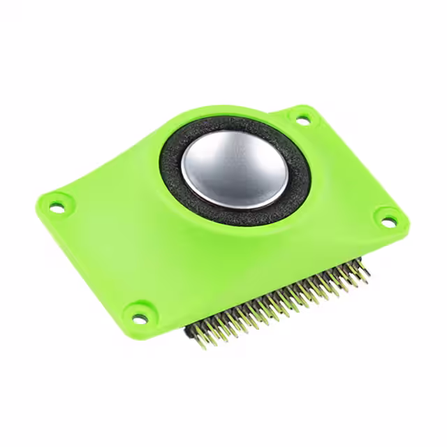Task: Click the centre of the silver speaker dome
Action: click(234, 170)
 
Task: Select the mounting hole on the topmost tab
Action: click(302, 119)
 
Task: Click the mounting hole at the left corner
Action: click(57, 205)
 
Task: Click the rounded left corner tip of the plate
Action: click(38, 203)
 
